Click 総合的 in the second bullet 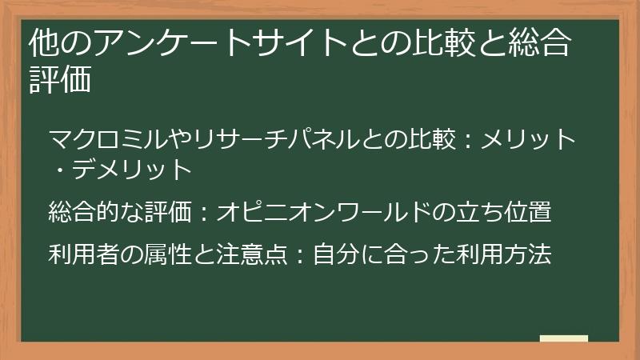84,213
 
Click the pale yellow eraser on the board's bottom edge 563,338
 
